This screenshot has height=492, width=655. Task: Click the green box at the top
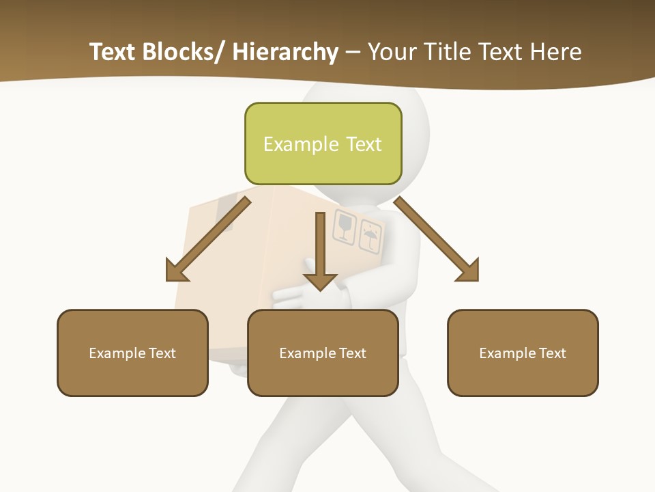[323, 143]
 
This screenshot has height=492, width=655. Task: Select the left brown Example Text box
[132, 353]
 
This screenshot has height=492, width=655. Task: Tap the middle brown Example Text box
[323, 353]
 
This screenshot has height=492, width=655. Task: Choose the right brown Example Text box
[523, 353]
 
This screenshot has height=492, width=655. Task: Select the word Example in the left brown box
[117, 353]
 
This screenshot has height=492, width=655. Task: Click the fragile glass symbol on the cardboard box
[344, 227]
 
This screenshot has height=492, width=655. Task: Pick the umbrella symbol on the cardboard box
[369, 236]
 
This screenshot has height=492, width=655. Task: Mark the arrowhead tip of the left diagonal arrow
[168, 279]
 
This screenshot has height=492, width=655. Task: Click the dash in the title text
[353, 53]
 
